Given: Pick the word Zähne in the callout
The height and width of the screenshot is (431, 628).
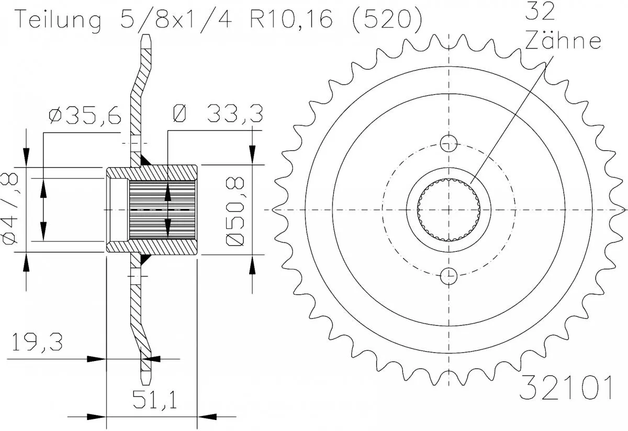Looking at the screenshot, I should (563, 41).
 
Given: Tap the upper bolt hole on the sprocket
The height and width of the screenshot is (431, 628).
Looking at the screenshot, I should (449, 142).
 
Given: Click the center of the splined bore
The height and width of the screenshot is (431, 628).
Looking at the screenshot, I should (449, 209).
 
